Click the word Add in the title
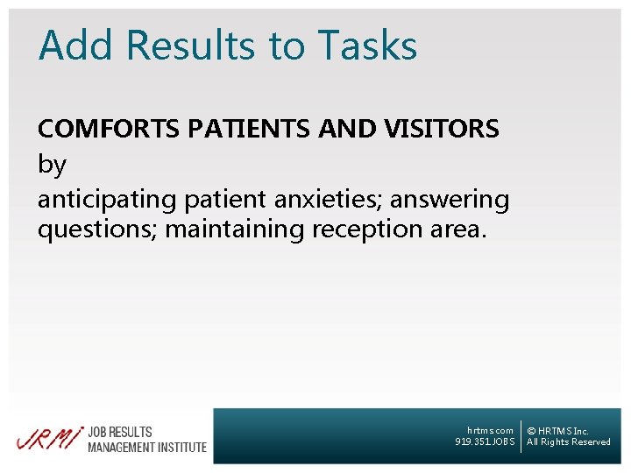76,46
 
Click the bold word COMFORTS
108,129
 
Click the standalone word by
51,165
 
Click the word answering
450,200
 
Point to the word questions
97,229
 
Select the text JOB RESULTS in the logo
120,432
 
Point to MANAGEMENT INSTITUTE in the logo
147,448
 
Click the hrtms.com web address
490,430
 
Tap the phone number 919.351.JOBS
485,442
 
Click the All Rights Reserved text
568,442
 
